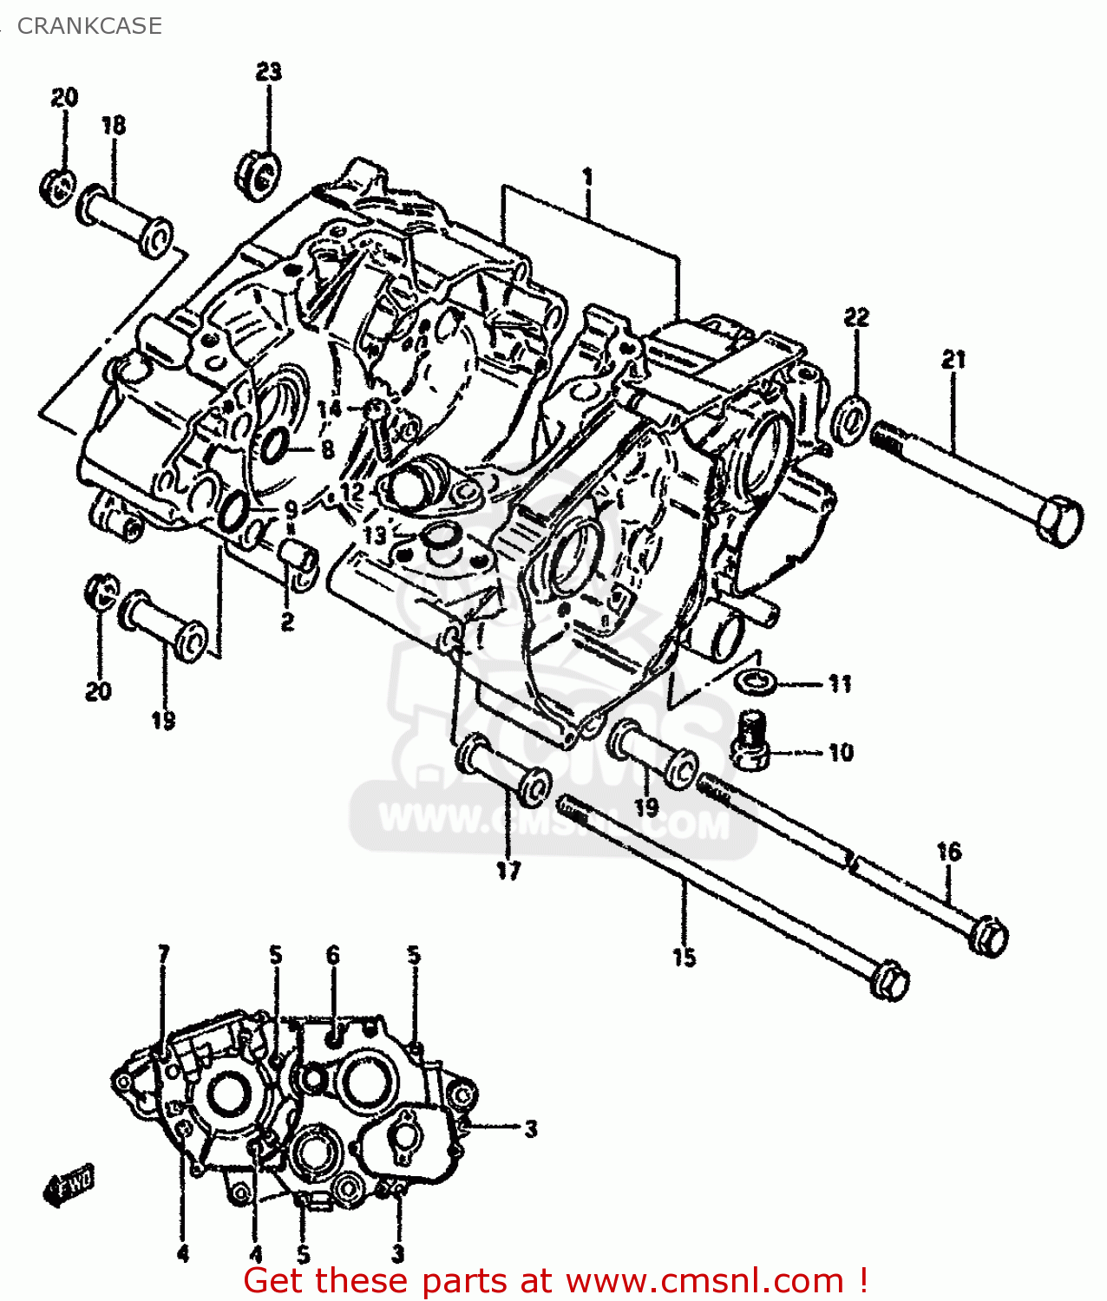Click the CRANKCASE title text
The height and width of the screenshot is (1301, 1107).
coord(89,26)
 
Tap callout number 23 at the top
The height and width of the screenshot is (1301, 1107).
coord(269,71)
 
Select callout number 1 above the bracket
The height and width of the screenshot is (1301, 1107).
coord(588,178)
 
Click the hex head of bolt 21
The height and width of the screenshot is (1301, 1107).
coord(1059,521)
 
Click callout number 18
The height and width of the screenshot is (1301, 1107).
coord(114,126)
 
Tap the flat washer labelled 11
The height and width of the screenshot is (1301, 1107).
coord(756,681)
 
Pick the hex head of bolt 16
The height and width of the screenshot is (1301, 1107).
coord(992,938)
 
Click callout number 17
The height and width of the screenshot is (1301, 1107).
coord(509,870)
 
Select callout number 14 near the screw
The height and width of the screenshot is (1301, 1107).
coord(329,408)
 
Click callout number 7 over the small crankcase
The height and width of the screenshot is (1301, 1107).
coord(164,955)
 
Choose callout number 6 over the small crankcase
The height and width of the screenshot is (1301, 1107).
coord(333,955)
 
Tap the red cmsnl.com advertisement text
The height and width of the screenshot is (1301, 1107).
coord(555,1280)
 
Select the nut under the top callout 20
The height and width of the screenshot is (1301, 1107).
coord(58,187)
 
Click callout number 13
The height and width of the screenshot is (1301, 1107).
coord(375,535)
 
